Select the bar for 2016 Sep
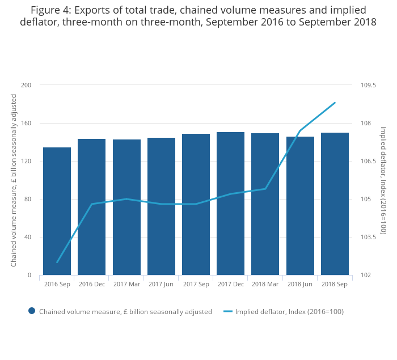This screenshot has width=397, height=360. pyautogui.click(x=57, y=211)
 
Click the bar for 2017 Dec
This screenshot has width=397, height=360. pyautogui.click(x=230, y=204)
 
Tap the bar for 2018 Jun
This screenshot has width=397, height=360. pyautogui.click(x=300, y=206)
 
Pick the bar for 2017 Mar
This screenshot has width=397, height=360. pyautogui.click(x=126, y=207)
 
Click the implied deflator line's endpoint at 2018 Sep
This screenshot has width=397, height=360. pyautogui.click(x=335, y=103)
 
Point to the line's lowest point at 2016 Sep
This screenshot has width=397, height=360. pyautogui.click(x=57, y=262)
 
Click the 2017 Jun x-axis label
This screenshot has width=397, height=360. pyautogui.click(x=161, y=283)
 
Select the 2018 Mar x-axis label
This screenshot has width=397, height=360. pyautogui.click(x=265, y=283)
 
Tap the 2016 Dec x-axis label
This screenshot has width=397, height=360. pyautogui.click(x=92, y=283)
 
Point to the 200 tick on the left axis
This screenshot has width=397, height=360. pyautogui.click(x=26, y=85)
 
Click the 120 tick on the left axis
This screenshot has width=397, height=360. pyautogui.click(x=26, y=161)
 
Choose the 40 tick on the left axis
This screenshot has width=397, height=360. pyautogui.click(x=28, y=237)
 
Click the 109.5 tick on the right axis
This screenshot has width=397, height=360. pyautogui.click(x=368, y=85)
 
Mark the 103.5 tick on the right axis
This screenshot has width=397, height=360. pyautogui.click(x=368, y=237)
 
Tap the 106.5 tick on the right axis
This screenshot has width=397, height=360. pyautogui.click(x=368, y=161)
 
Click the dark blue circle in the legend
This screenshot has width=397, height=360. pyautogui.click(x=32, y=311)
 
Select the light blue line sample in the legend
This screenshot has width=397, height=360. pyautogui.click(x=228, y=311)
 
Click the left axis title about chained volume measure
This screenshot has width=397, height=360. pyautogui.click(x=14, y=180)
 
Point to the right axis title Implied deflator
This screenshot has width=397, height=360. pyautogui.click(x=383, y=180)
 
